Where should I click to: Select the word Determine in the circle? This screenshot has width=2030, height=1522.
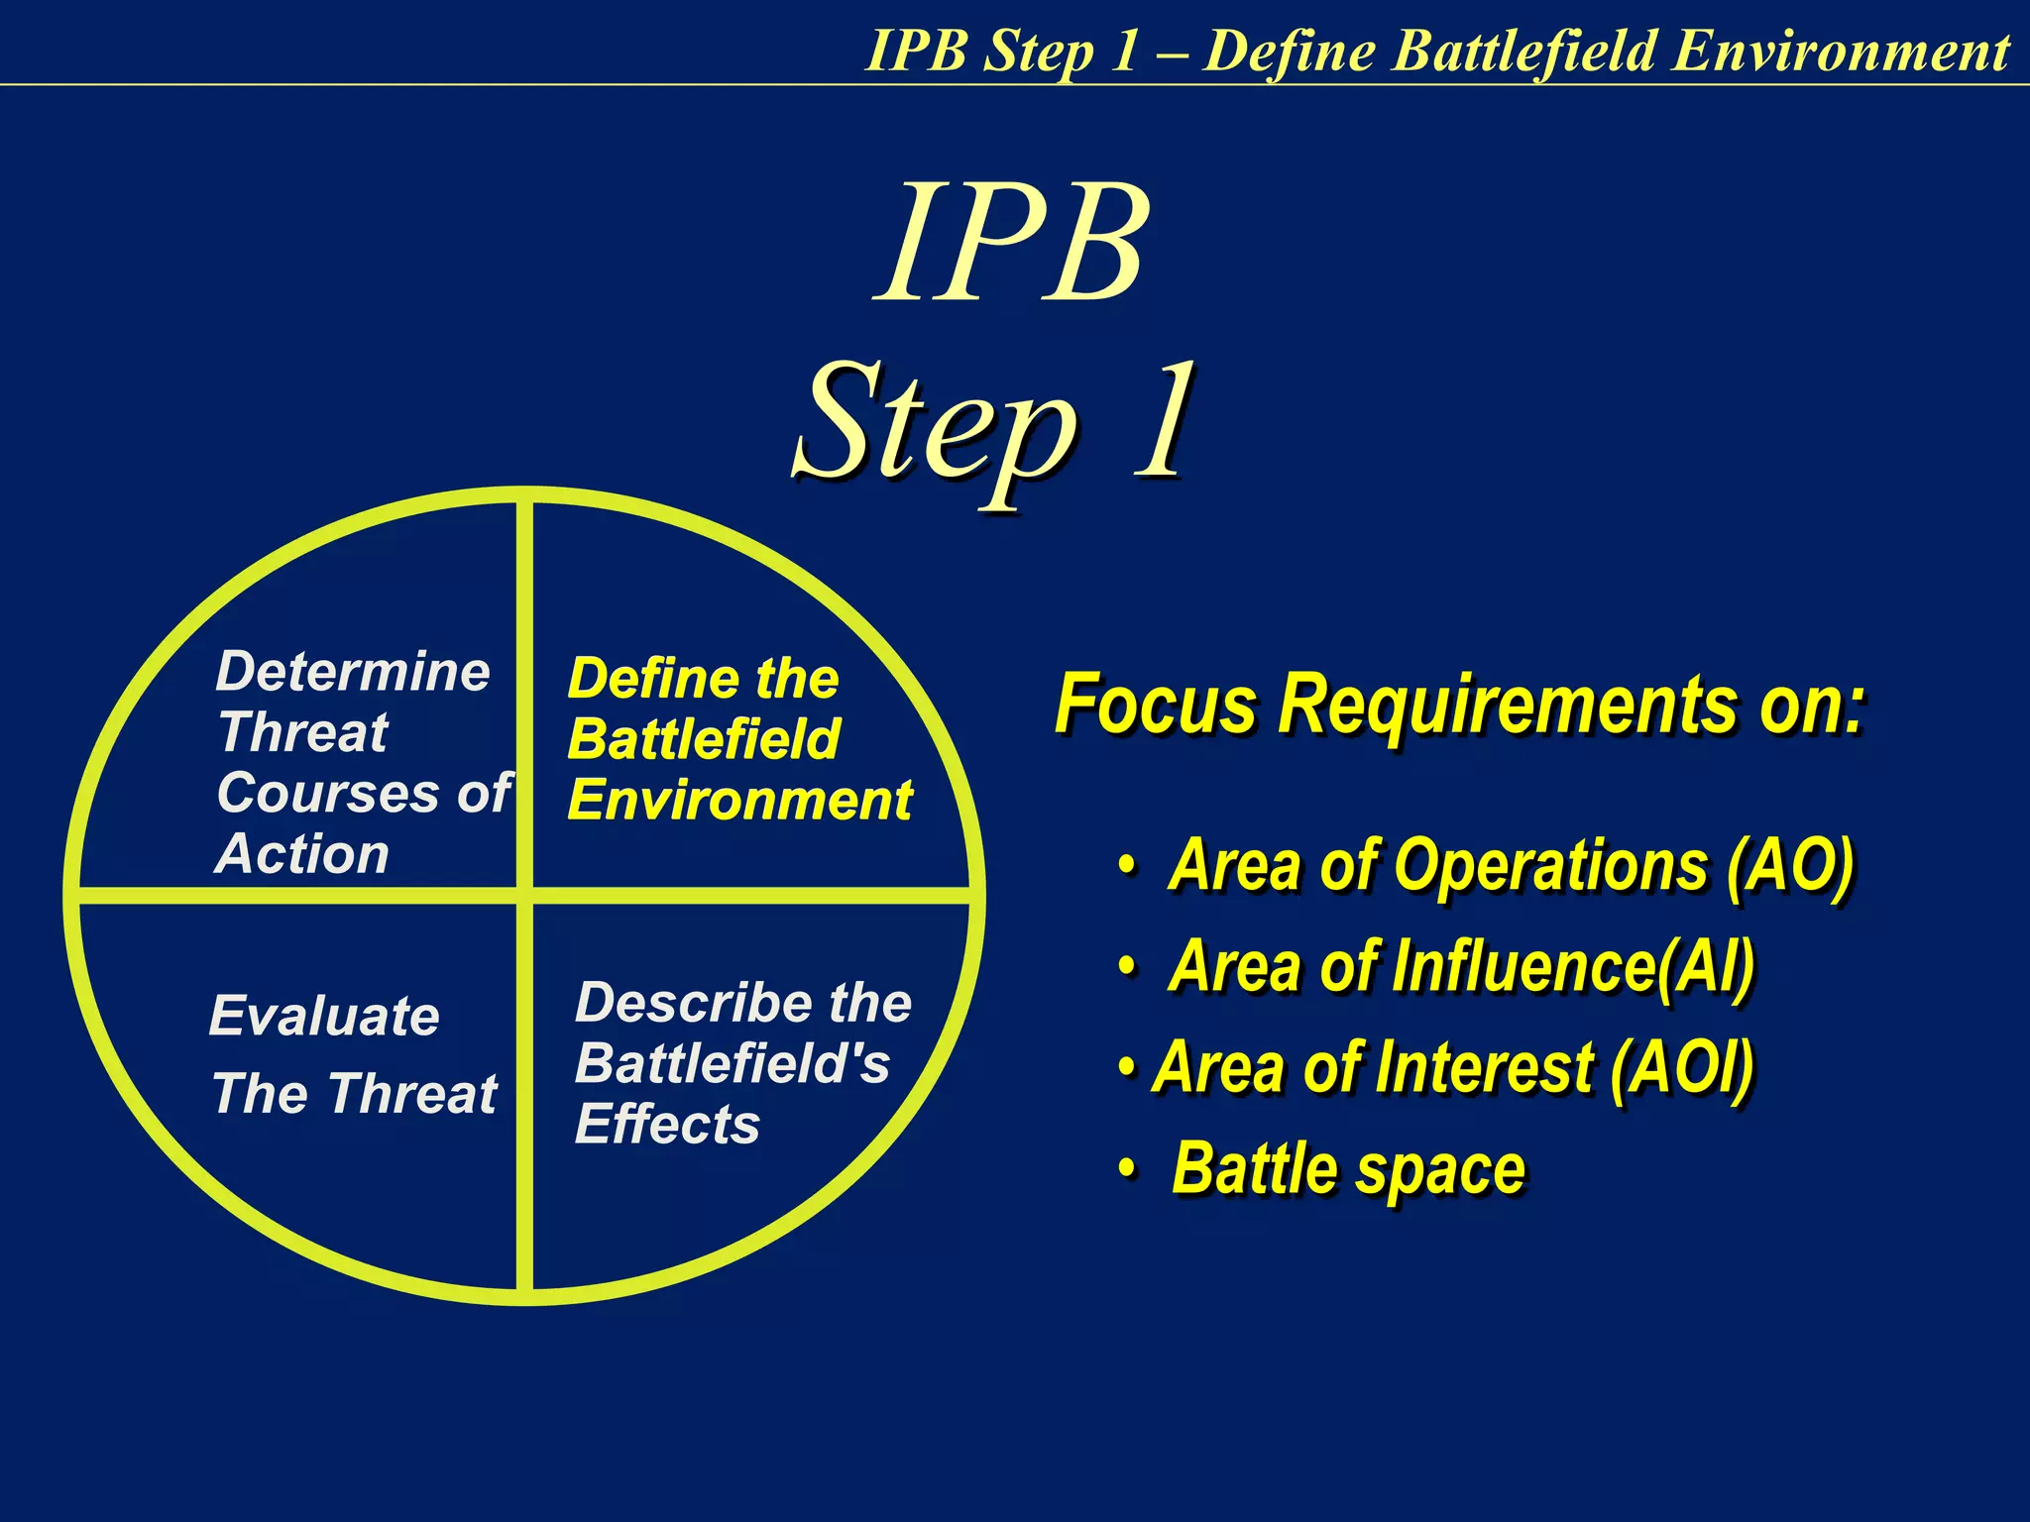tap(353, 672)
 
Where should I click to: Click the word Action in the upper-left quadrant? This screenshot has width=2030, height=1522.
tap(302, 854)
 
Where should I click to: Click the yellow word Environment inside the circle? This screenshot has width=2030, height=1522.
tap(739, 801)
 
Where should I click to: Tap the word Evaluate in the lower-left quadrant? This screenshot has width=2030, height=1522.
tap(324, 1017)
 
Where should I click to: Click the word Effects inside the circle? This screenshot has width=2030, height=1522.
tap(667, 1126)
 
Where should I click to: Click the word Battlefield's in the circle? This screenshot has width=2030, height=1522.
tap(733, 1064)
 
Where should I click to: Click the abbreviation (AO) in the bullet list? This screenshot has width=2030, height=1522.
tap(1788, 866)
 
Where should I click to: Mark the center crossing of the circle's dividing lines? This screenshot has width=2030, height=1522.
tap(524, 896)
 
